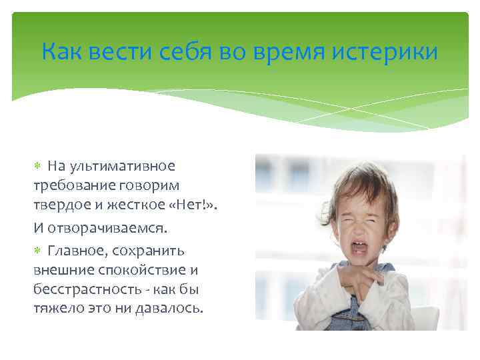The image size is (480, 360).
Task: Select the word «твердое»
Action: click(59, 203)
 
